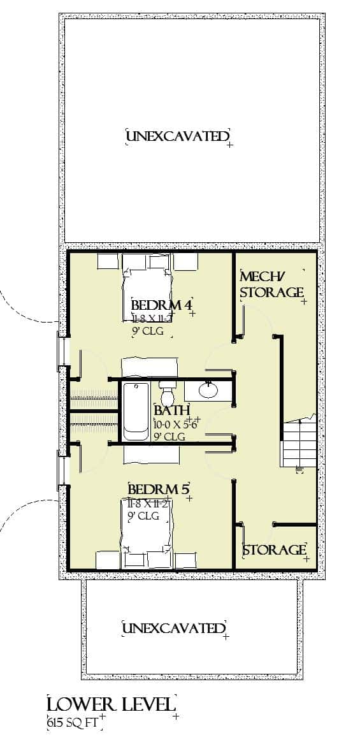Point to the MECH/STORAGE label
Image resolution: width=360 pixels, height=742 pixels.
271,284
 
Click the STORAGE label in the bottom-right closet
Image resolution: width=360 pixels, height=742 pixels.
274,549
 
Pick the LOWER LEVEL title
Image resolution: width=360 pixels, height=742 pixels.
110,704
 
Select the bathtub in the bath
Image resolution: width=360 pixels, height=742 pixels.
135,411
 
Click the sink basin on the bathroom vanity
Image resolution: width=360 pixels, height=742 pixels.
208,389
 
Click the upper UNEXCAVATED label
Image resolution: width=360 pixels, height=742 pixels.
177,136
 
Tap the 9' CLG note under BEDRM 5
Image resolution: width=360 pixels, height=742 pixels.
144,515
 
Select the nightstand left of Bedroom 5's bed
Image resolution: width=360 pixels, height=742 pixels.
108,560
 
